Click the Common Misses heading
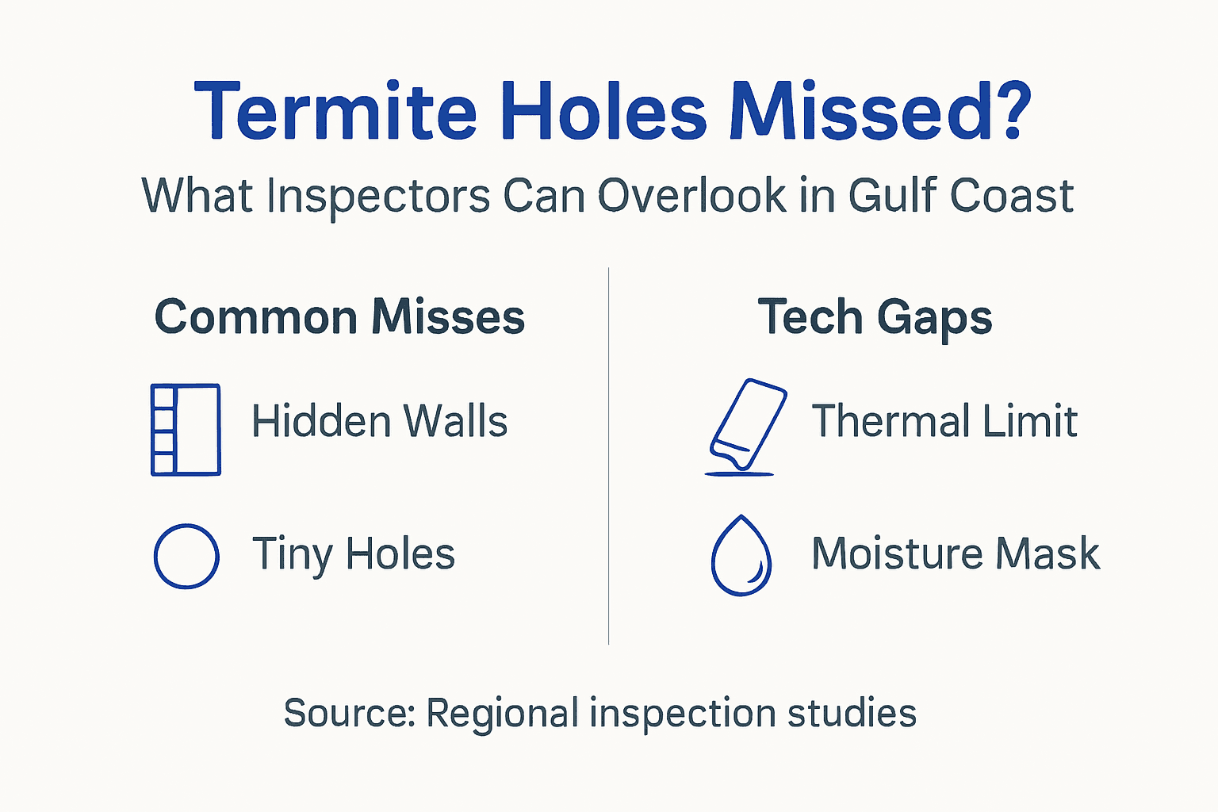339,317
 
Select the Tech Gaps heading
875,317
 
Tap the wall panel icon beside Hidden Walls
186,430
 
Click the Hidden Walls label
379,421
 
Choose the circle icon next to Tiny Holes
186,556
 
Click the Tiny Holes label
353,554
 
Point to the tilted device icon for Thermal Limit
746,426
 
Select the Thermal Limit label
944,421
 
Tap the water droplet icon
741,557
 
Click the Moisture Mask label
956,553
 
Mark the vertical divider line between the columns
608,456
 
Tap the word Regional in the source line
502,714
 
